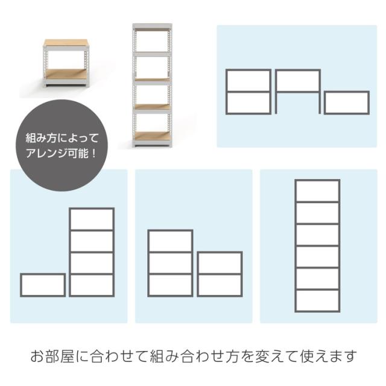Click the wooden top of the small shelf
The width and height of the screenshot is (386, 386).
66,43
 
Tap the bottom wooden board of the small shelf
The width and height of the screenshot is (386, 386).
66,74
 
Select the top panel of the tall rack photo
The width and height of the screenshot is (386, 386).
153,26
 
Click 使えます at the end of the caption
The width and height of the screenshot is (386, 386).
328,356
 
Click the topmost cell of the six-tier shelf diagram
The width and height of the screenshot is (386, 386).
317,191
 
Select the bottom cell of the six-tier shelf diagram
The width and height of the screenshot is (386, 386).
317,301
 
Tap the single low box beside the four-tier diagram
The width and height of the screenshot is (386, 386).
43,285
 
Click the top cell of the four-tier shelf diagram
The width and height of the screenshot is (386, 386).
92,220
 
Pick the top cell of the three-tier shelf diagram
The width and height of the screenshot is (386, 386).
170,241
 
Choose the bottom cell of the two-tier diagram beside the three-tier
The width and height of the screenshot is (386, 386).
220,285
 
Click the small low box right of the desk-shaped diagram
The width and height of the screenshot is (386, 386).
347,103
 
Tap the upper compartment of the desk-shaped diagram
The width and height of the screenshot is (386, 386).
298,81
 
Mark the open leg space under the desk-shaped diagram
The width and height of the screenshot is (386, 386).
298,103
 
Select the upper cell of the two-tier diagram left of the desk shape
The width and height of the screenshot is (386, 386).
248,81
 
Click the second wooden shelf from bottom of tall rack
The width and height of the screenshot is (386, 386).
153,107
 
